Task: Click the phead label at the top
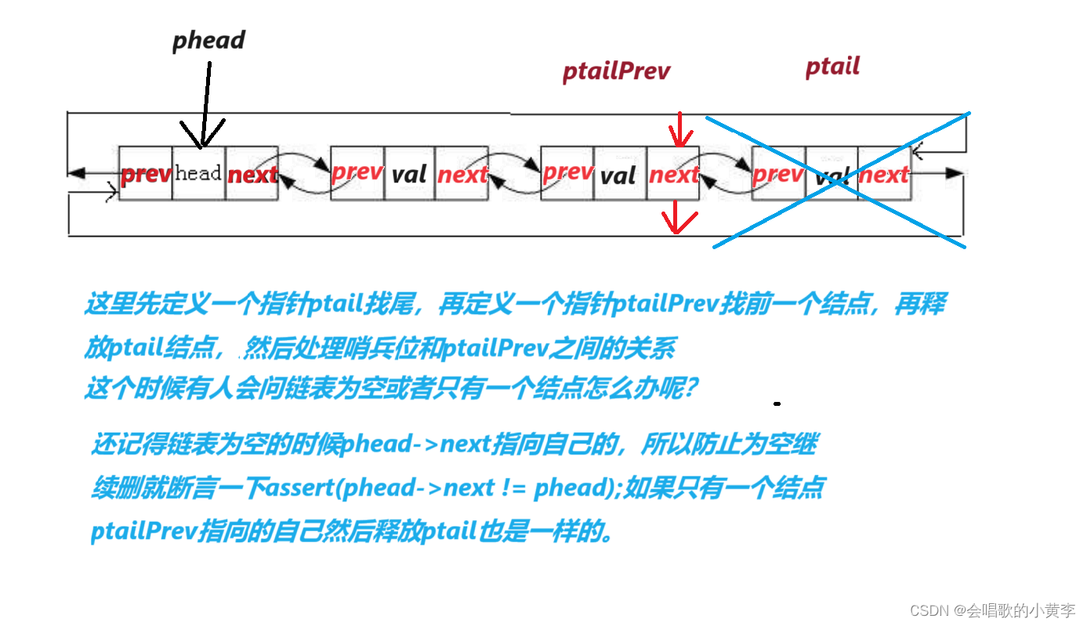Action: click(208, 41)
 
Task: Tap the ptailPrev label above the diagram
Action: click(616, 72)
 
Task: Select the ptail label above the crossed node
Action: click(832, 67)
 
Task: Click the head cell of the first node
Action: click(198, 173)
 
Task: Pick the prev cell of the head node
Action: click(146, 174)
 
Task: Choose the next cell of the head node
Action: click(252, 174)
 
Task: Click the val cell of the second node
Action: click(409, 174)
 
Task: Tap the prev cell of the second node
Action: click(357, 172)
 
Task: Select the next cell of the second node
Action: click(462, 174)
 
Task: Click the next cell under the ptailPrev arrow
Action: click(673, 174)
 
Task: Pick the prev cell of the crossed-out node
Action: click(777, 174)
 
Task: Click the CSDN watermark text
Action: click(992, 610)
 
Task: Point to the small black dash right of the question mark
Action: click(777, 403)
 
